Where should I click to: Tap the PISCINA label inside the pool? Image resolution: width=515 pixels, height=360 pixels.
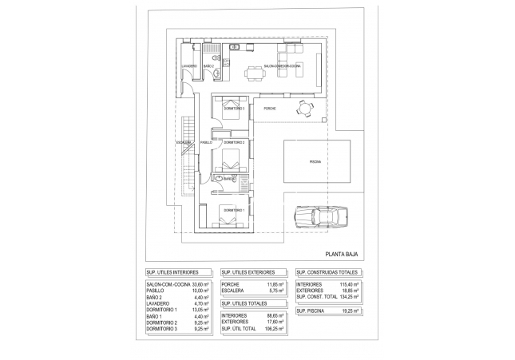(317, 162)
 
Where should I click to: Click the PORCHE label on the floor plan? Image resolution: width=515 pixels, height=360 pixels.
(269, 109)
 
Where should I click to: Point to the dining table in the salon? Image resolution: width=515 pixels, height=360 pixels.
(256, 74)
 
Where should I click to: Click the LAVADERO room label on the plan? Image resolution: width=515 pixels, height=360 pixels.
(189, 65)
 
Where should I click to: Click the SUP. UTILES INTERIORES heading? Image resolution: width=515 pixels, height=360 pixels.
(172, 272)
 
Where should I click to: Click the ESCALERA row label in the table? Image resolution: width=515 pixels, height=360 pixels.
(233, 290)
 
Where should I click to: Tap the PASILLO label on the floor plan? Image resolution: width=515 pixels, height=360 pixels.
(206, 142)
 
